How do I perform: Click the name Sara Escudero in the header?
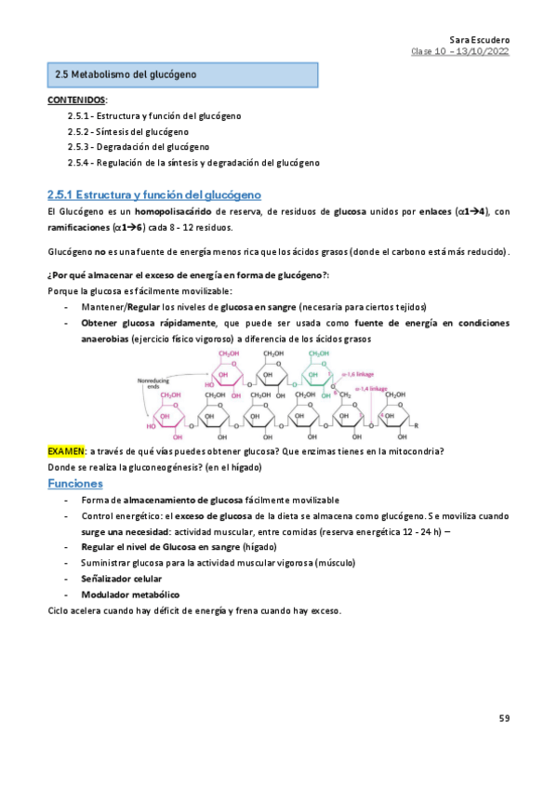[479, 41]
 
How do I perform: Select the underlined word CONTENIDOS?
[76, 99]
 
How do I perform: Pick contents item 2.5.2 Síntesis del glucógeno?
[128, 131]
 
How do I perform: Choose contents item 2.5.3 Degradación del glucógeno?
[138, 147]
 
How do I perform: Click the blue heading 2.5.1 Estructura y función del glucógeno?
[154, 194]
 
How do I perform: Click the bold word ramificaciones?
[77, 227]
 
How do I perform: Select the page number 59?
[504, 718]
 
